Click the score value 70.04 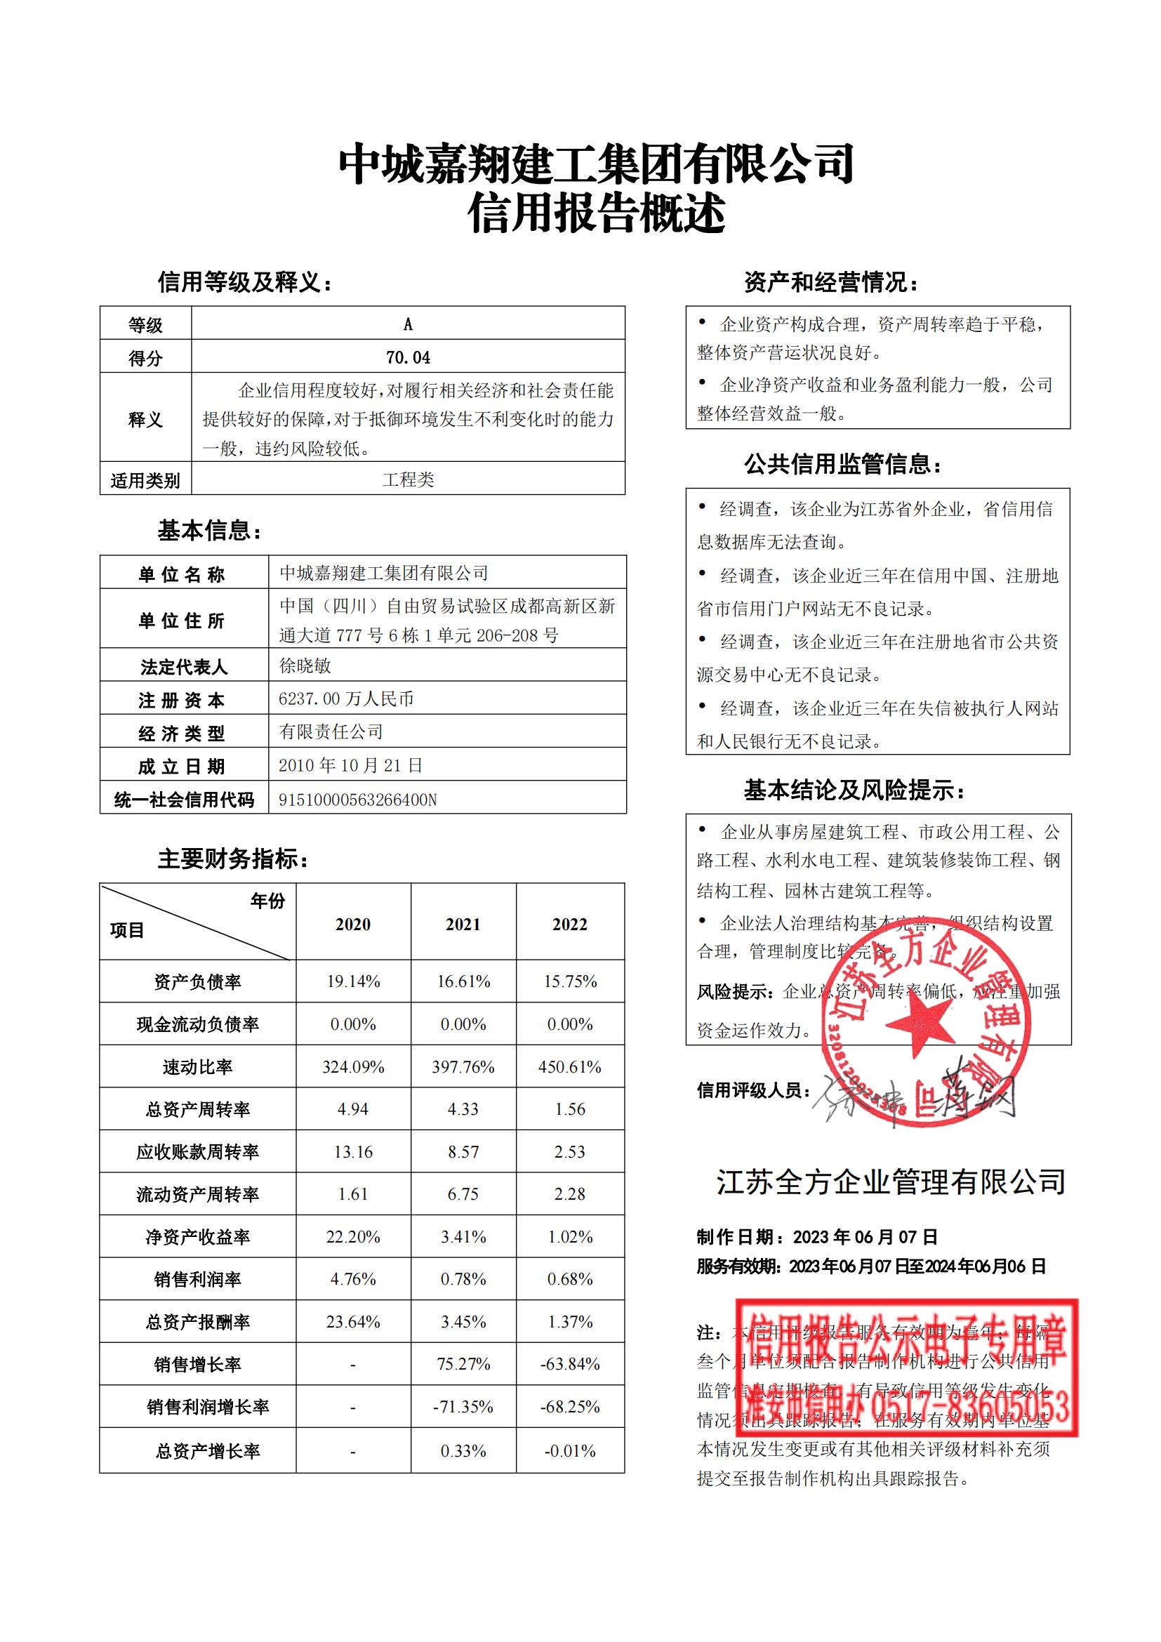pyautogui.click(x=408, y=357)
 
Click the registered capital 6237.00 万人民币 pyautogui.click(x=346, y=698)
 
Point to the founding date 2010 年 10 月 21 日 pyautogui.click(x=350, y=765)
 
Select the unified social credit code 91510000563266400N pyautogui.click(x=357, y=800)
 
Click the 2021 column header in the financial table pyautogui.click(x=463, y=924)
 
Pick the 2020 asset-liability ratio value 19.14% pyautogui.click(x=353, y=981)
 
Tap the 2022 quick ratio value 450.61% pyautogui.click(x=570, y=1067)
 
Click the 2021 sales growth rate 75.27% pyautogui.click(x=463, y=1364)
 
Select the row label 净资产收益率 pyautogui.click(x=197, y=1237)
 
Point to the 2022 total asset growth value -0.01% pyautogui.click(x=570, y=1451)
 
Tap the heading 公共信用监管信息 pyautogui.click(x=843, y=465)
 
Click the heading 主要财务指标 pyautogui.click(x=233, y=859)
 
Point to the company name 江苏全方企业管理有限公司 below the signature pyautogui.click(x=891, y=1182)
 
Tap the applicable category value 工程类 pyautogui.click(x=408, y=479)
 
